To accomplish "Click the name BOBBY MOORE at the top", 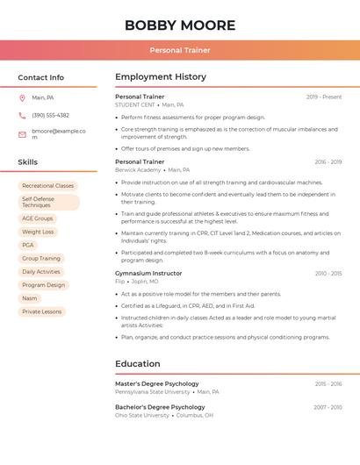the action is coord(180,25).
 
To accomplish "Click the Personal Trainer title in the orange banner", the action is coord(180,51).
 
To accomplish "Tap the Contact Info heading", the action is coord(40,77).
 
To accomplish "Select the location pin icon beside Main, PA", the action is coord(22,98).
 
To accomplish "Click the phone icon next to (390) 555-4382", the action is coord(22,115).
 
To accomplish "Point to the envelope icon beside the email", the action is coord(22,134).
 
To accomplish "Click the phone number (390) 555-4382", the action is coord(50,115).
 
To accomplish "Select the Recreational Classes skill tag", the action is coord(47,186).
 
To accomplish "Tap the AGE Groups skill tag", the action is coord(38,218).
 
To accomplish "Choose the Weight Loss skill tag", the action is coord(38,232).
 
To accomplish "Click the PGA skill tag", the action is coord(28,245).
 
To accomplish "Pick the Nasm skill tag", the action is coord(30,298).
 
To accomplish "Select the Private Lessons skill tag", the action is coord(42,311).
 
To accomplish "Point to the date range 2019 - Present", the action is coord(323,97).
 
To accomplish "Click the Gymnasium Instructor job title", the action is coord(148,273).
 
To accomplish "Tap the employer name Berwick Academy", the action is coord(137,170).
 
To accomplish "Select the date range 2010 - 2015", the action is coord(328,274).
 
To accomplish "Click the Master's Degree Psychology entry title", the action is coord(156,383).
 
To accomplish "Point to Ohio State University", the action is coord(141,415).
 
